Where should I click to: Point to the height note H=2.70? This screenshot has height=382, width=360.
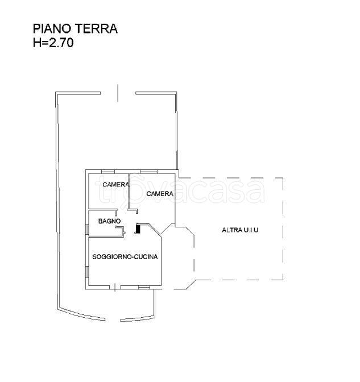pyautogui.click(x=53, y=41)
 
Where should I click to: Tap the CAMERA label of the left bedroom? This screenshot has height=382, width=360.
pyautogui.click(x=115, y=184)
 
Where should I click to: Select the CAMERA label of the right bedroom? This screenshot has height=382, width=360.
pyautogui.click(x=159, y=194)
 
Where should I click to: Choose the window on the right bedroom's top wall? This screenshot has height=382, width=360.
pyautogui.click(x=148, y=171)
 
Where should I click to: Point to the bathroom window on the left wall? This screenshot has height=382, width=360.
pyautogui.click(x=87, y=229)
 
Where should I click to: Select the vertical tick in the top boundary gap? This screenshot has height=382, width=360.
pyautogui.click(x=118, y=93)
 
